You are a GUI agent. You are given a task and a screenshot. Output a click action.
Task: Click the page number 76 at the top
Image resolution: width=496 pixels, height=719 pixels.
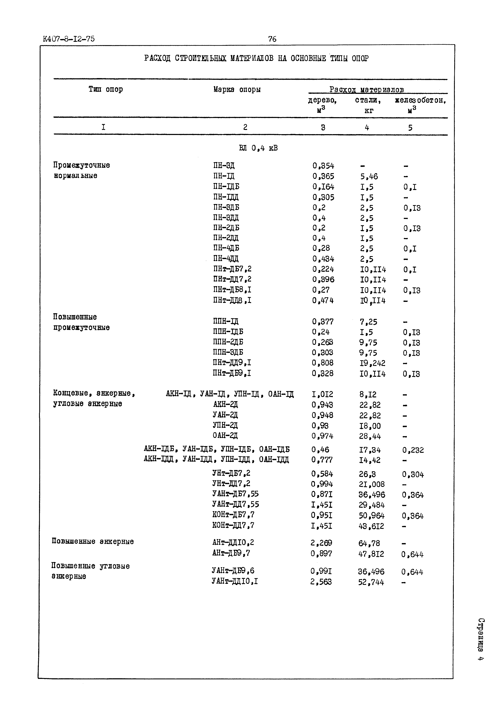[x=272, y=39]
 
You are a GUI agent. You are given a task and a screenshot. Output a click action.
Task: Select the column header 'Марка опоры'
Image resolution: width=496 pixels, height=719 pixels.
[x=237, y=90]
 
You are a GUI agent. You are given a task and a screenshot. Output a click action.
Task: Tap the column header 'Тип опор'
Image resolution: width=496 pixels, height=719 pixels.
[x=106, y=89]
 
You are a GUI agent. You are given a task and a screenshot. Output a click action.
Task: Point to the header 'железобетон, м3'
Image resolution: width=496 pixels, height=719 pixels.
[x=420, y=104]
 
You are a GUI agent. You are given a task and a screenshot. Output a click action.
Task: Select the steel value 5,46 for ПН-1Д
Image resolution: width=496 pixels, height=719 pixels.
[x=369, y=177]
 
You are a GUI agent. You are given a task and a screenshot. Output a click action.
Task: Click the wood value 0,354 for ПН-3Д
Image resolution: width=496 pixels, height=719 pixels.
[x=323, y=166]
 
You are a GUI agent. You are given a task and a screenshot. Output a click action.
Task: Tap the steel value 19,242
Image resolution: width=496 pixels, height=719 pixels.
[x=372, y=363]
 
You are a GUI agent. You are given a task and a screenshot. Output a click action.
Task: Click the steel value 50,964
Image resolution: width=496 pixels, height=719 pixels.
[x=371, y=516]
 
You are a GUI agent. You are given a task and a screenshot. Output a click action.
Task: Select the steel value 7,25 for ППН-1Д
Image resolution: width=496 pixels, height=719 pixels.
[x=368, y=322]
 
